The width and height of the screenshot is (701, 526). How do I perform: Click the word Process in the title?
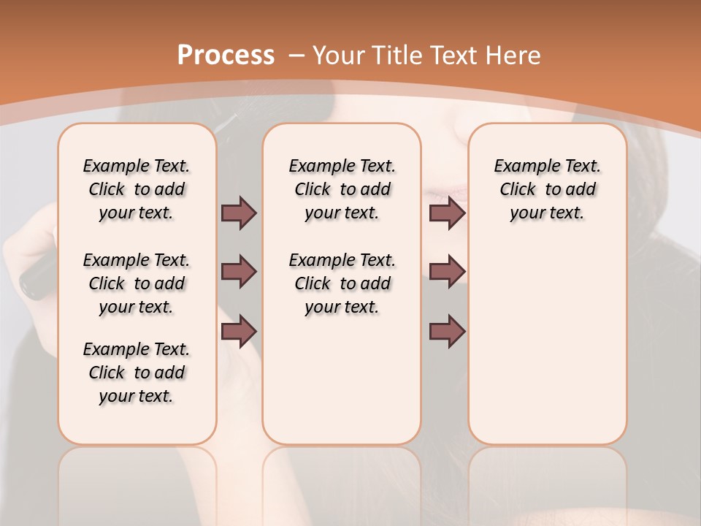click(x=226, y=55)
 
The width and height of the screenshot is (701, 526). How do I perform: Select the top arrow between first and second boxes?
click(x=239, y=213)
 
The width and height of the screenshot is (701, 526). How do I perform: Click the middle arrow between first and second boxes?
click(x=239, y=272)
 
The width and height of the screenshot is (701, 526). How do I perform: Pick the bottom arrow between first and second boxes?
click(x=239, y=332)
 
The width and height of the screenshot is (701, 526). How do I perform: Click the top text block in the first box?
click(x=137, y=189)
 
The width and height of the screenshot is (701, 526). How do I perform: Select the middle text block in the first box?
click(x=137, y=283)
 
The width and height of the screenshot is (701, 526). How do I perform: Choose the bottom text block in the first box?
click(x=137, y=373)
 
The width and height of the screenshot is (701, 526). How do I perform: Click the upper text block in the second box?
click(x=342, y=189)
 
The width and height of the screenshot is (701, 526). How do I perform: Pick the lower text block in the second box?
click(x=342, y=283)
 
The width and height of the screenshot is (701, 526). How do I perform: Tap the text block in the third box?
click(x=548, y=189)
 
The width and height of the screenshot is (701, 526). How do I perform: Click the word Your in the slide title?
click(x=339, y=55)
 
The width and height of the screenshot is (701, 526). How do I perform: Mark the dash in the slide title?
click(x=296, y=55)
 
